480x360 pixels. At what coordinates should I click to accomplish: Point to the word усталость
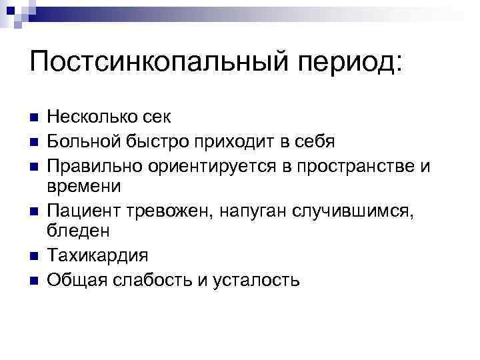tap(257, 279)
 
